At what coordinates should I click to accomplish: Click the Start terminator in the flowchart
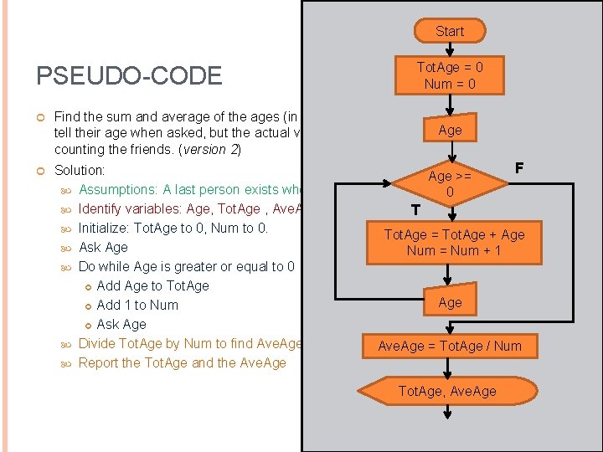point(449,31)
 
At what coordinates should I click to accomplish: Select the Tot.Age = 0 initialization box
point(450,74)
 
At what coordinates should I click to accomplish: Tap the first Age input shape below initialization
point(450,130)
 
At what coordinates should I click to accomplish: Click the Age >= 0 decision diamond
point(450,184)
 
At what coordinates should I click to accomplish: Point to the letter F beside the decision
point(519,168)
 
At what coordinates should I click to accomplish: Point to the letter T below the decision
point(415,208)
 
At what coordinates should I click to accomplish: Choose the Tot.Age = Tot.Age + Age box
point(454,242)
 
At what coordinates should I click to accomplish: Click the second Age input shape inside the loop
point(450,302)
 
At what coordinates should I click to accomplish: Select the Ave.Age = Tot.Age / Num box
point(450,346)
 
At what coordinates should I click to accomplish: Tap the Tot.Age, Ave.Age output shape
point(447,391)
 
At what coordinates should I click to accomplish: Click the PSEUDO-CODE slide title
point(129,76)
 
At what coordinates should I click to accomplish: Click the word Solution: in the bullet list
point(80,170)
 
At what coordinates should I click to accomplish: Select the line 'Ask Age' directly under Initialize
point(103,247)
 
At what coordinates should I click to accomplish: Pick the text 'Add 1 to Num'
point(137,305)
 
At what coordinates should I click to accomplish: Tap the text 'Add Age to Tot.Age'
point(152,285)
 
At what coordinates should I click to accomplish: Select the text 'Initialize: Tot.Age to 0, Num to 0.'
point(173,228)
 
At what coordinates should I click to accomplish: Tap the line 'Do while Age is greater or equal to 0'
point(186,266)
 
